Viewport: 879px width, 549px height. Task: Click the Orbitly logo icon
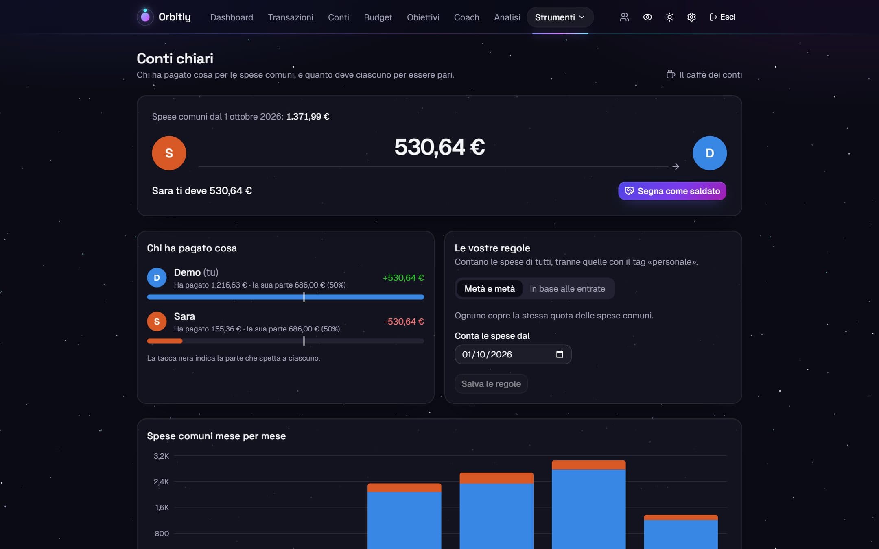point(145,17)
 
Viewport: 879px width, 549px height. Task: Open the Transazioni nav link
point(290,17)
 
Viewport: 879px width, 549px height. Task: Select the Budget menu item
point(378,17)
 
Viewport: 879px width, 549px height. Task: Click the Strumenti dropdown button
point(560,17)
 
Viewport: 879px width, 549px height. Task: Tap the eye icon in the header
point(647,17)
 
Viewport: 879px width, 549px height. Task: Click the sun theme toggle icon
point(669,17)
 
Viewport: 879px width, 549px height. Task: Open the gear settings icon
point(691,17)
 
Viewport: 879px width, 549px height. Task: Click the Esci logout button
point(722,17)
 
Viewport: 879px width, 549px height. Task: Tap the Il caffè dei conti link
point(704,74)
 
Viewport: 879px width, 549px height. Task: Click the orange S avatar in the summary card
point(169,153)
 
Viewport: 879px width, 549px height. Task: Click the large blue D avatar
point(709,153)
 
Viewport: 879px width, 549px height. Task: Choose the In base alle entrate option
point(567,288)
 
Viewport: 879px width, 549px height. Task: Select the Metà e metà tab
point(490,288)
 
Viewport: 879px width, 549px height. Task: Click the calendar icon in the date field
point(560,354)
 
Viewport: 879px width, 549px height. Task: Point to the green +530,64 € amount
point(403,278)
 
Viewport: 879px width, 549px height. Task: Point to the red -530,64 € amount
point(404,322)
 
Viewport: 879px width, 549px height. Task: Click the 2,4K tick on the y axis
point(161,481)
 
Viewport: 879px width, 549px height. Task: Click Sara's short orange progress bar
point(164,341)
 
